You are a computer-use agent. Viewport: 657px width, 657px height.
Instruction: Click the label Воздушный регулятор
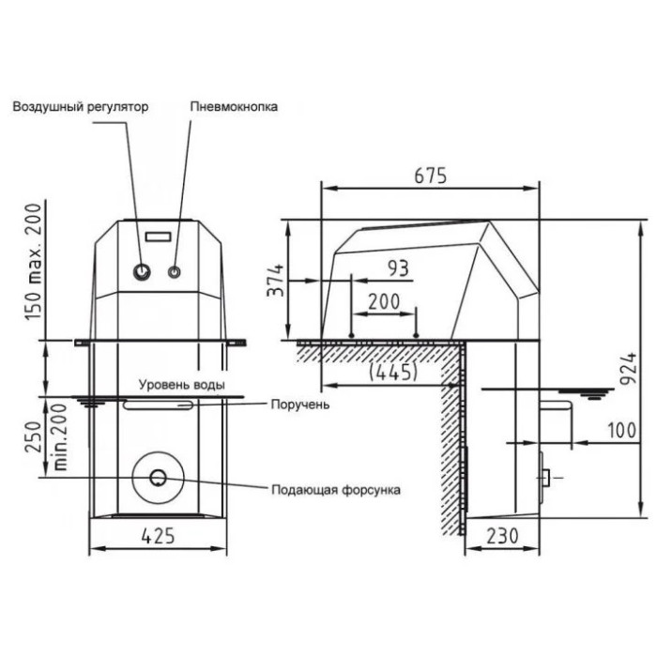pos(81,107)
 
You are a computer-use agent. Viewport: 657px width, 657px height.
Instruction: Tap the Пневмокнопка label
pos(234,106)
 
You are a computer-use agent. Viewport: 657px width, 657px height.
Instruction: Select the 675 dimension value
pos(430,176)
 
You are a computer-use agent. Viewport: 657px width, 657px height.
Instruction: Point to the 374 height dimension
pos(275,281)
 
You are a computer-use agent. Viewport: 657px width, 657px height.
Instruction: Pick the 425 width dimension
pos(158,536)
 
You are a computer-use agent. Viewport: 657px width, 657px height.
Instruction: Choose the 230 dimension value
pos(502,536)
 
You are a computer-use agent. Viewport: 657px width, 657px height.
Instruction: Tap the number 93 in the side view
pos(398,268)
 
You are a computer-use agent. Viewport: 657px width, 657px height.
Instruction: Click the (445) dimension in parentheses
pos(393,372)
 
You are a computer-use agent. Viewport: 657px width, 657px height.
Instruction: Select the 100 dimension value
pos(621,430)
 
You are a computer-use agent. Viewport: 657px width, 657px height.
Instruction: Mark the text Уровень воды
pos(182,385)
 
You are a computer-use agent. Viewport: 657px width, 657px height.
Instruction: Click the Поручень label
pos(300,405)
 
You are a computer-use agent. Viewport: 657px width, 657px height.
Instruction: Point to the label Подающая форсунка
pos(336,489)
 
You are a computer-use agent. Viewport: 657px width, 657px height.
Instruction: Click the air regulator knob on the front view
pos(142,272)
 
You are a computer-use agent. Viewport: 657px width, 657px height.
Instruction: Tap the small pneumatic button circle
pos(175,272)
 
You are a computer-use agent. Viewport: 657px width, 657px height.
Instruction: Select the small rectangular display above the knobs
pos(158,237)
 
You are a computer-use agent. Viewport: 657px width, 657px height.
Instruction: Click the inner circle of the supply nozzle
pos(159,477)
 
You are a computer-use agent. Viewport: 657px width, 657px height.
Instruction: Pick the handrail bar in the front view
pos(158,405)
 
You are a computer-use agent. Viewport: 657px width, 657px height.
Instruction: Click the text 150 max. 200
pos(34,262)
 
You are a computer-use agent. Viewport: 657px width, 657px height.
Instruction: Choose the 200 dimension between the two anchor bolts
pos(384,301)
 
